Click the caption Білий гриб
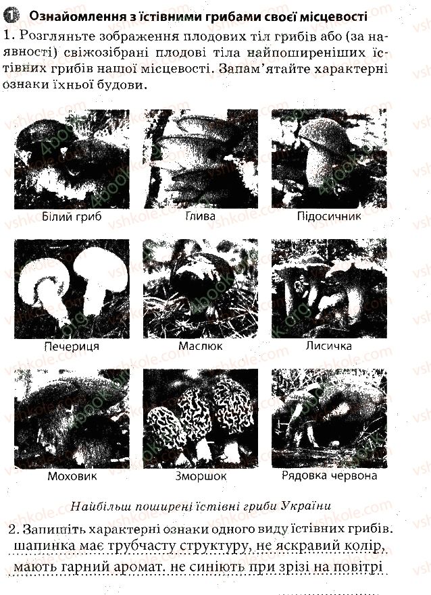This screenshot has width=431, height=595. click(72, 217)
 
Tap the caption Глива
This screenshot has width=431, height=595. click(201, 216)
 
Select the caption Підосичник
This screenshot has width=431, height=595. click(329, 216)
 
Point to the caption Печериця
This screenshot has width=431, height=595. click(72, 346)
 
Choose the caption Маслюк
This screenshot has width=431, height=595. click(201, 346)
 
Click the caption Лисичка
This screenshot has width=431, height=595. click(329, 346)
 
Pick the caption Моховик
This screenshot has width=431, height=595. click(72, 476)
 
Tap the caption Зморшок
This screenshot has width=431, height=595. click(201, 476)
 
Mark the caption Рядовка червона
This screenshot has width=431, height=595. click(329, 475)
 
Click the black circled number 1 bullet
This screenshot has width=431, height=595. click(11, 16)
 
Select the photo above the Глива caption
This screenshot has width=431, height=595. click(201, 159)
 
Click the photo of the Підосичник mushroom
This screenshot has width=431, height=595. click(329, 159)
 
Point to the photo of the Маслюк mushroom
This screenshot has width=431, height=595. click(201, 288)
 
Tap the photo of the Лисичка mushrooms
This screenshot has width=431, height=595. click(329, 288)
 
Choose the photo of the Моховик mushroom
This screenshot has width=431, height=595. click(72, 419)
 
